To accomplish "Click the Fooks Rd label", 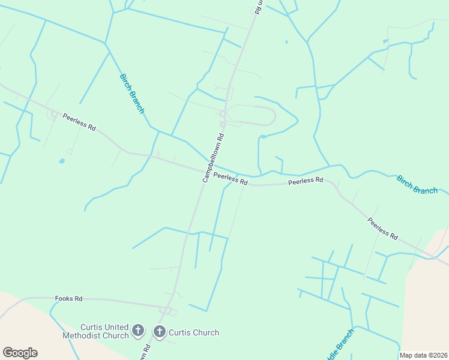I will (68, 298).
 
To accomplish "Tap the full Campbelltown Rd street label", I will (213, 158).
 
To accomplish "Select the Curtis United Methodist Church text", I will (96, 331).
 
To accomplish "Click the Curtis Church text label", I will (194, 332).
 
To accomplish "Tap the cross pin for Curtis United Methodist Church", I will (138, 331).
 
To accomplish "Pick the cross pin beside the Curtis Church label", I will (160, 331).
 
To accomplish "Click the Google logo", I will (20, 353).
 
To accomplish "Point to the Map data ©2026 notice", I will (423, 355).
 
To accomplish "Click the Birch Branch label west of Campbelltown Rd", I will (132, 94).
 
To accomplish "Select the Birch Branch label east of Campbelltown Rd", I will (417, 184).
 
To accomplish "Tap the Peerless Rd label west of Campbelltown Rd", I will (79, 121).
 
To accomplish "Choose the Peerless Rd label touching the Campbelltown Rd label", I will (231, 179).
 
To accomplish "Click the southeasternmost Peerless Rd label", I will (383, 229).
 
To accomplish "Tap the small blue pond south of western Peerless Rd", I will (61, 161).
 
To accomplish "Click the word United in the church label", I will (114, 327).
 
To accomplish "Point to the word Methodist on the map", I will (82, 335).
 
